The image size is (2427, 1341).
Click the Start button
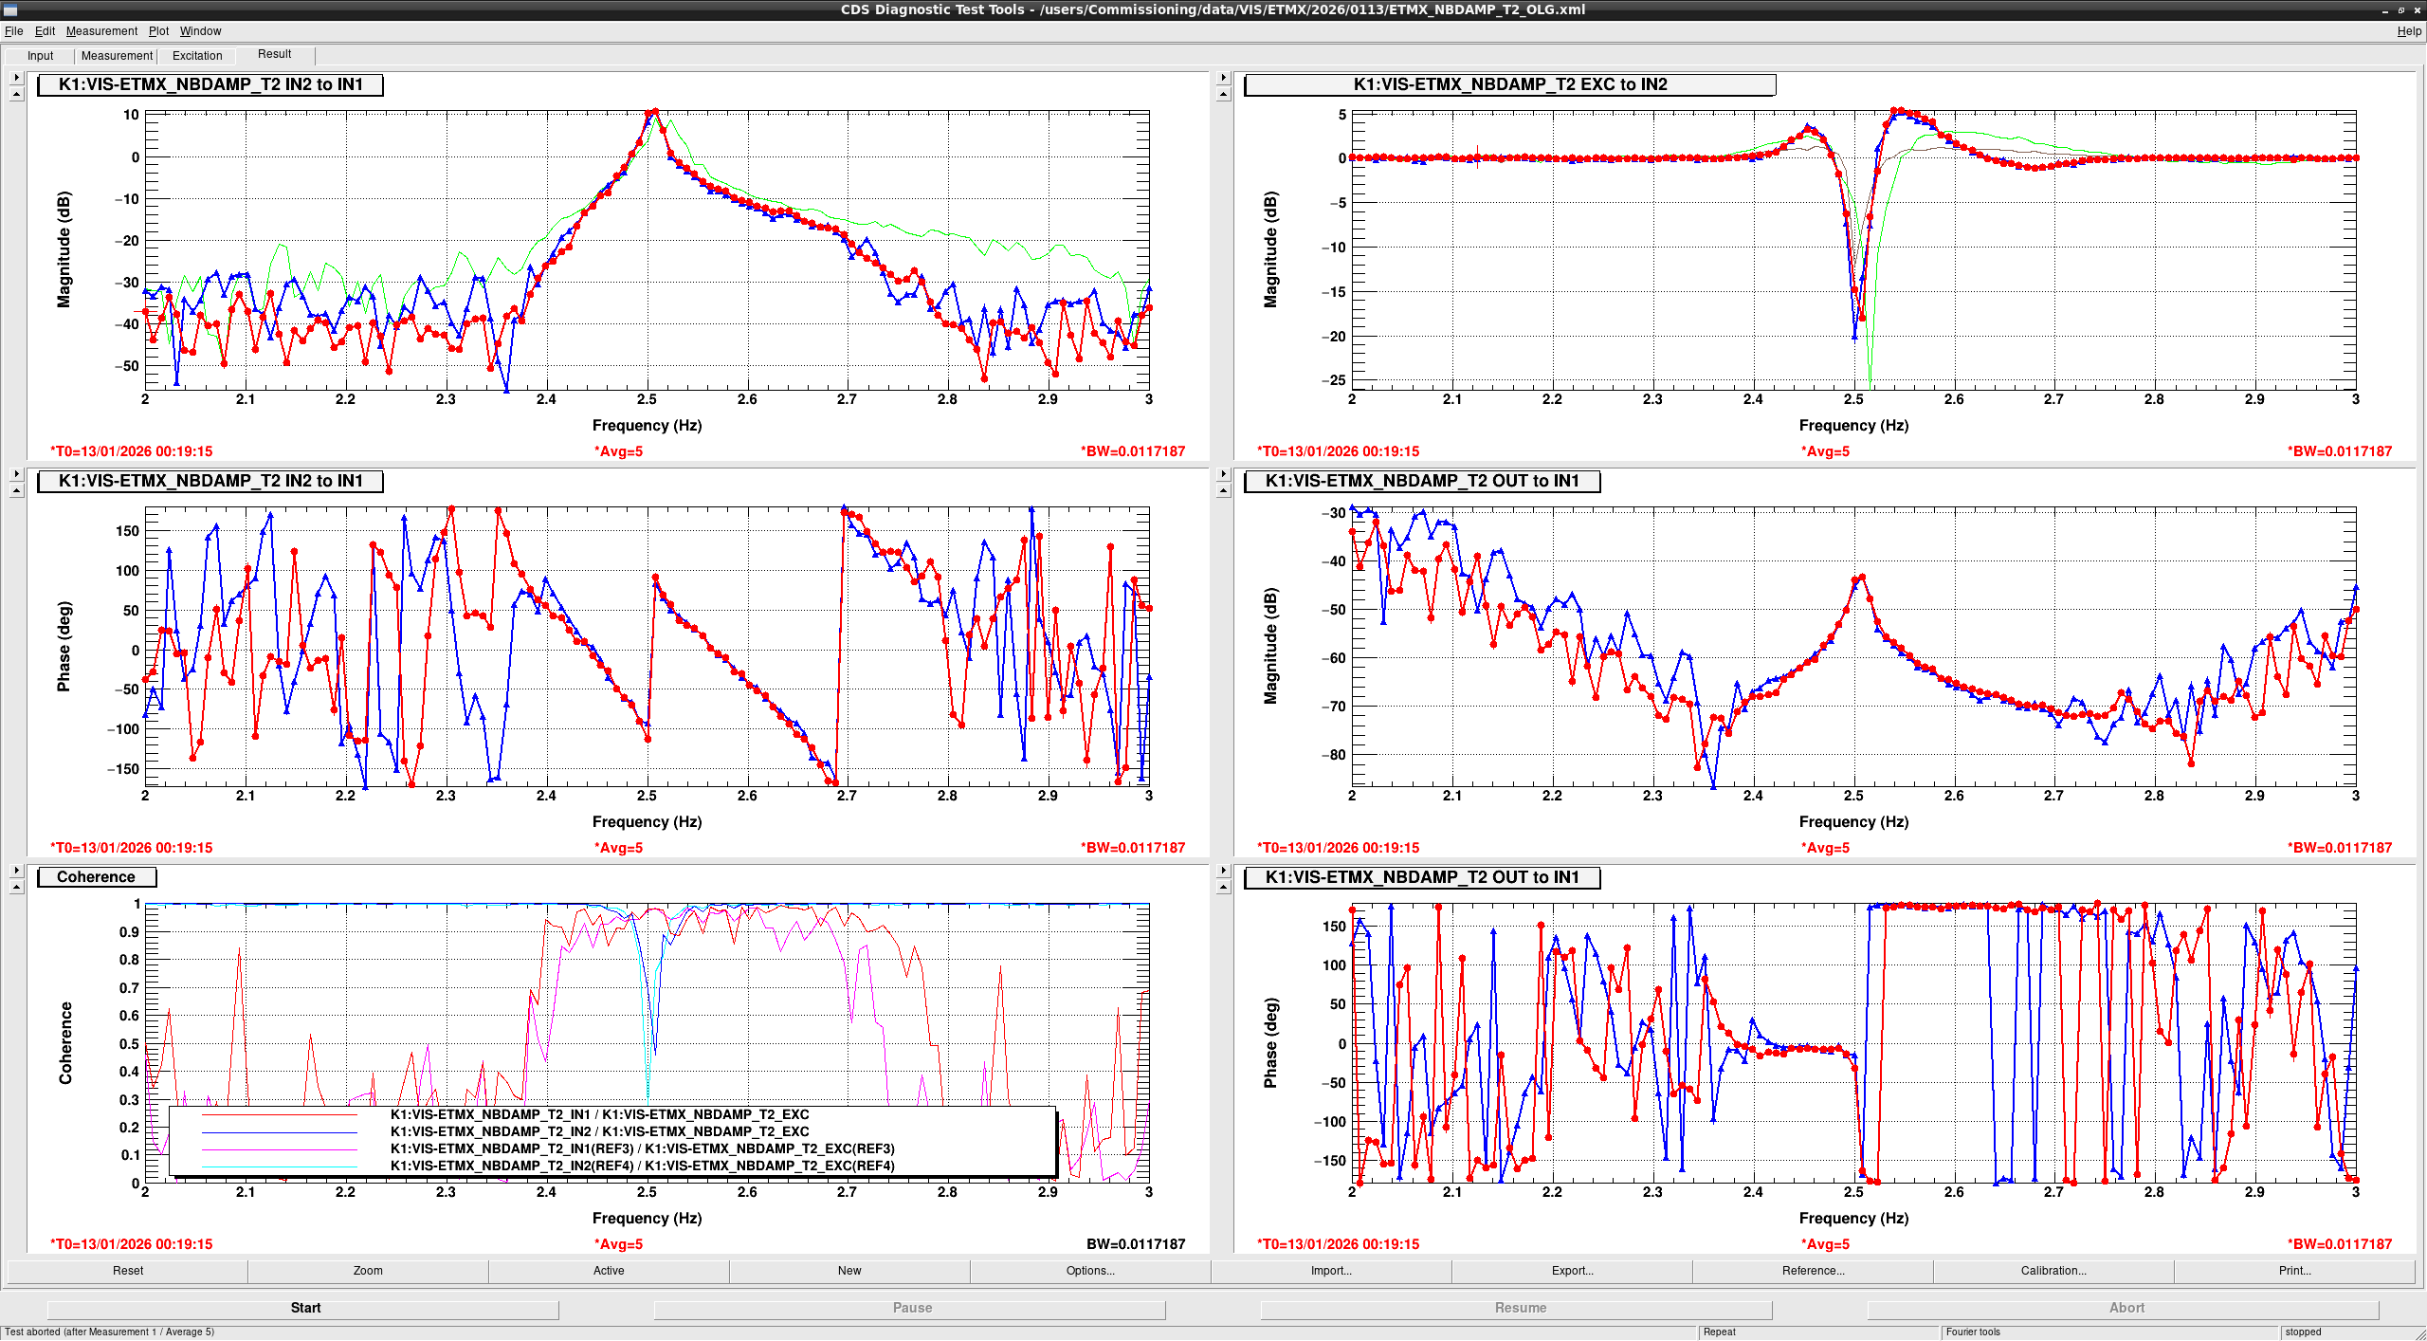pyautogui.click(x=305, y=1308)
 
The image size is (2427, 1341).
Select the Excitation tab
pyautogui.click(x=197, y=56)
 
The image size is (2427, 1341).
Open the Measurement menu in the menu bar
pyautogui.click(x=101, y=31)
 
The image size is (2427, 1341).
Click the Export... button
pyautogui.click(x=1571, y=1271)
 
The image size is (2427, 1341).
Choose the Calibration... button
pyautogui.click(x=2053, y=1271)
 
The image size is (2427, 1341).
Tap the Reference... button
pyautogui.click(x=1812, y=1271)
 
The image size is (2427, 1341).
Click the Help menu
pyautogui.click(x=2409, y=31)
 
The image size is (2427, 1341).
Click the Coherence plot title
pyautogui.click(x=96, y=877)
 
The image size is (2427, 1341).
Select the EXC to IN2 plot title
pyautogui.click(x=1509, y=84)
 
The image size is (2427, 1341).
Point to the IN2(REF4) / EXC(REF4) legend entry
pyautogui.click(x=642, y=1166)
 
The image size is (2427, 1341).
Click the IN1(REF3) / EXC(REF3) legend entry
pyautogui.click(x=642, y=1148)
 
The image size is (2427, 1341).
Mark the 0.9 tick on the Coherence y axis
pyautogui.click(x=129, y=932)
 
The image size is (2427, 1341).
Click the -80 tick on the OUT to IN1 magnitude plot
pyautogui.click(x=1333, y=755)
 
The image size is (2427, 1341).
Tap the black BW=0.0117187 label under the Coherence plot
pyautogui.click(x=1135, y=1244)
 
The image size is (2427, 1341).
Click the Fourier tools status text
pyautogui.click(x=1973, y=1332)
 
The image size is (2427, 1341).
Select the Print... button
pyautogui.click(x=2294, y=1271)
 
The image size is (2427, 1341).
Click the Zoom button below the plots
pyautogui.click(x=368, y=1271)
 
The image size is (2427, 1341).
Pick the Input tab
pyautogui.click(x=40, y=56)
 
